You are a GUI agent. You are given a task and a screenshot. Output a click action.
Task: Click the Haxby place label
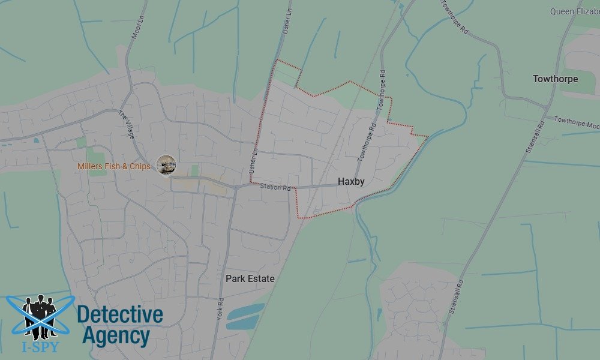(351, 181)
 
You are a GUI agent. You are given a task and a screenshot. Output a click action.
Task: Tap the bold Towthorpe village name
(555, 79)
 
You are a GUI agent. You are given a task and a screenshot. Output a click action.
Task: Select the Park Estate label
(250, 278)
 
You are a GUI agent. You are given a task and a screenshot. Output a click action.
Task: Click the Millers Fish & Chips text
(114, 166)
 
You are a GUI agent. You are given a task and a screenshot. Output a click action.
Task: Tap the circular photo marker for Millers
(166, 164)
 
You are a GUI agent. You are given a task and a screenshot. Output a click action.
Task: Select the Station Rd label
(275, 188)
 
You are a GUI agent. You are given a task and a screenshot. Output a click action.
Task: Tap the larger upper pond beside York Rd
(246, 311)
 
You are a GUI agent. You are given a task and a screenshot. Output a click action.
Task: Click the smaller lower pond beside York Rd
(242, 323)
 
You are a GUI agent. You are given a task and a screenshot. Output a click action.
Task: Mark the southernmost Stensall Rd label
(456, 298)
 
